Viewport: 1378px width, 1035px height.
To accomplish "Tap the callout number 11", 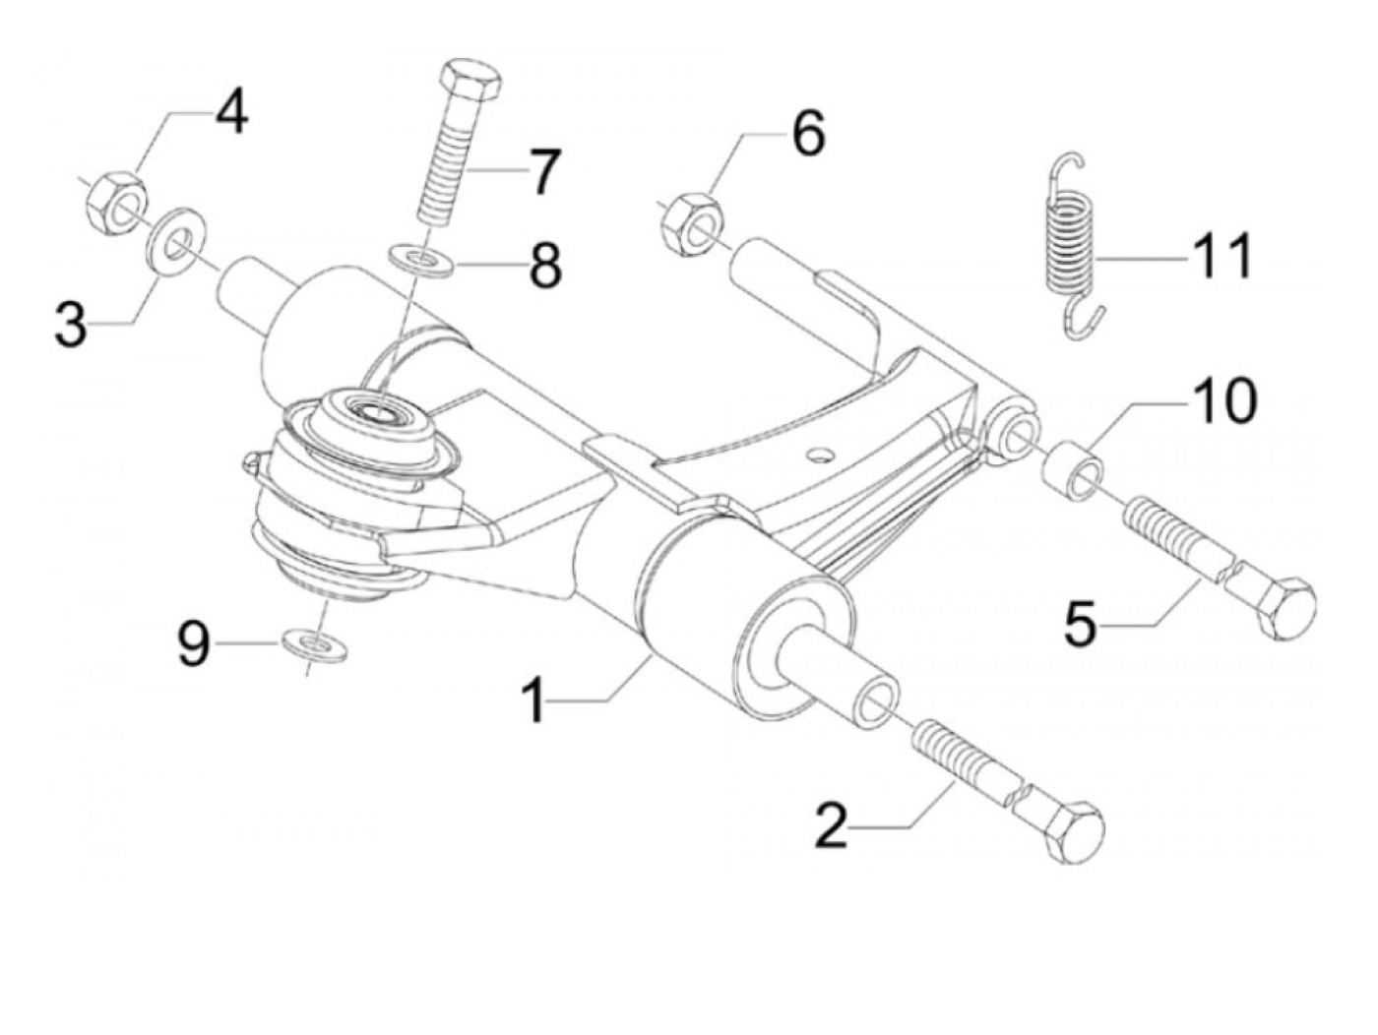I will point(1221,258).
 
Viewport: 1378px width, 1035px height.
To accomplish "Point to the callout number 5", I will point(1081,626).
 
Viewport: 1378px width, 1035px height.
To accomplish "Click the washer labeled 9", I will point(315,645).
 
